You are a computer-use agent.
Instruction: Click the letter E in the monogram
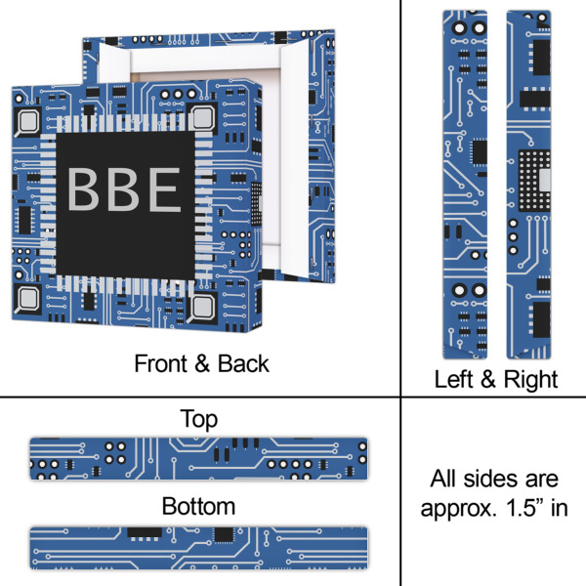tap(163, 191)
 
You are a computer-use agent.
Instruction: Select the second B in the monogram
tap(123, 191)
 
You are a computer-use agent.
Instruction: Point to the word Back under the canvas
tap(239, 364)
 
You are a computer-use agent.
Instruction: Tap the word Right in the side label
tap(529, 380)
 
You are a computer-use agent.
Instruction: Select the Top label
tap(198, 419)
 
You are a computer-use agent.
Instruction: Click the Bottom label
tap(198, 506)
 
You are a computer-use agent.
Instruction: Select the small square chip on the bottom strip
tap(224, 534)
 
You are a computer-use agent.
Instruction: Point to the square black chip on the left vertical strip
tap(479, 151)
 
